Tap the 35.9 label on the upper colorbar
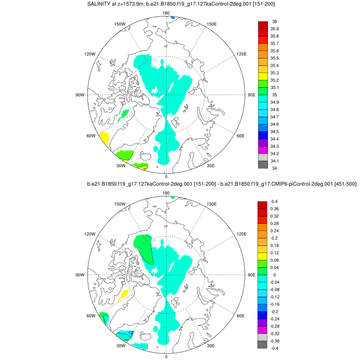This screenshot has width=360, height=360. coord(275,29)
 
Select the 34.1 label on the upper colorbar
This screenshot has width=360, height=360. coord(275,160)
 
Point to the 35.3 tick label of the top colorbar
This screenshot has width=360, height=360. coord(275,73)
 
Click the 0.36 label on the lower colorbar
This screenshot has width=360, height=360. coord(275,209)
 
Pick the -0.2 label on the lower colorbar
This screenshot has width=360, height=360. coord(275,312)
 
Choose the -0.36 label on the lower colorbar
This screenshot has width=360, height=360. coord(276,341)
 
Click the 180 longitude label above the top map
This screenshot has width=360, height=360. coord(166,13)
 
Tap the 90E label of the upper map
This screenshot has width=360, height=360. coord(252,95)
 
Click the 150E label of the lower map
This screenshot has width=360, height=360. coord(211,204)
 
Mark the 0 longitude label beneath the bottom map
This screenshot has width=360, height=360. coord(166,356)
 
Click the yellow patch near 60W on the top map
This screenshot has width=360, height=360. coord(104,138)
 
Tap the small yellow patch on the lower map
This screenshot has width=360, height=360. coord(123,296)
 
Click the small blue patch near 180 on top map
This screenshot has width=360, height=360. coord(173,18)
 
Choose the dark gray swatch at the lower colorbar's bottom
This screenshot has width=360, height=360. coord(262,345)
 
